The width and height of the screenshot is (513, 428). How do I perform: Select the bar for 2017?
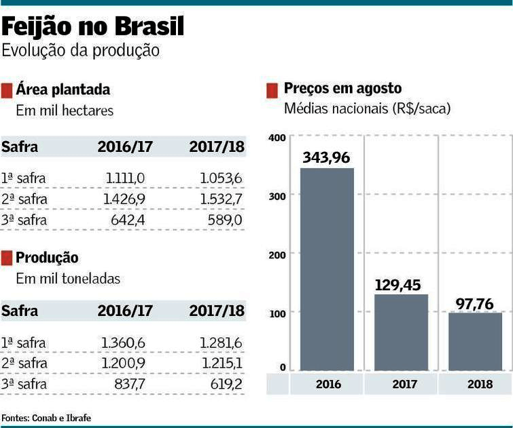pos(401,333)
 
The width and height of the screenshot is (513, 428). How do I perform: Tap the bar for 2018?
pos(475,343)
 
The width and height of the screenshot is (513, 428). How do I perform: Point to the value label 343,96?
pos(326,157)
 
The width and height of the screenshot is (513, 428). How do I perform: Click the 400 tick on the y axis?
pos(277,138)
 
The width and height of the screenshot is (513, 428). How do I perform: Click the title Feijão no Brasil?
pos(93,27)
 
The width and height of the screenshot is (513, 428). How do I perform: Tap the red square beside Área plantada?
pos(7,90)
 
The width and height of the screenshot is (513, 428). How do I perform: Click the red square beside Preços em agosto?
pos(272,90)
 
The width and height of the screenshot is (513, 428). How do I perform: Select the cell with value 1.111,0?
pos(125,178)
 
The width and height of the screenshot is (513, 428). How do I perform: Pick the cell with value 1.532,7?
pos(221,199)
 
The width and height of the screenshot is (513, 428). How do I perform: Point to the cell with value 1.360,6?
pos(123,343)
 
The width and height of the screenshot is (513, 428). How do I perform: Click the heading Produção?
pos(47,258)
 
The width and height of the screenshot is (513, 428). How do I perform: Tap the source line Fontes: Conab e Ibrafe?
pos(46,418)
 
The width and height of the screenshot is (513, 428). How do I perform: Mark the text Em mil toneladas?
pos(68,278)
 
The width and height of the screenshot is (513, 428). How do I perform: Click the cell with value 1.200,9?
pos(123,364)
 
